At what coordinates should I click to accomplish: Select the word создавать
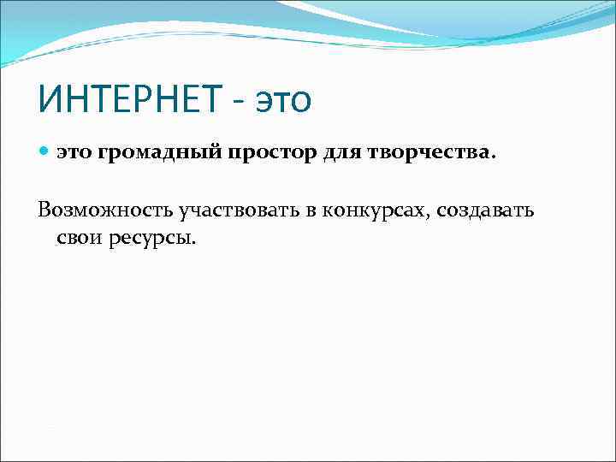point(484,210)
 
